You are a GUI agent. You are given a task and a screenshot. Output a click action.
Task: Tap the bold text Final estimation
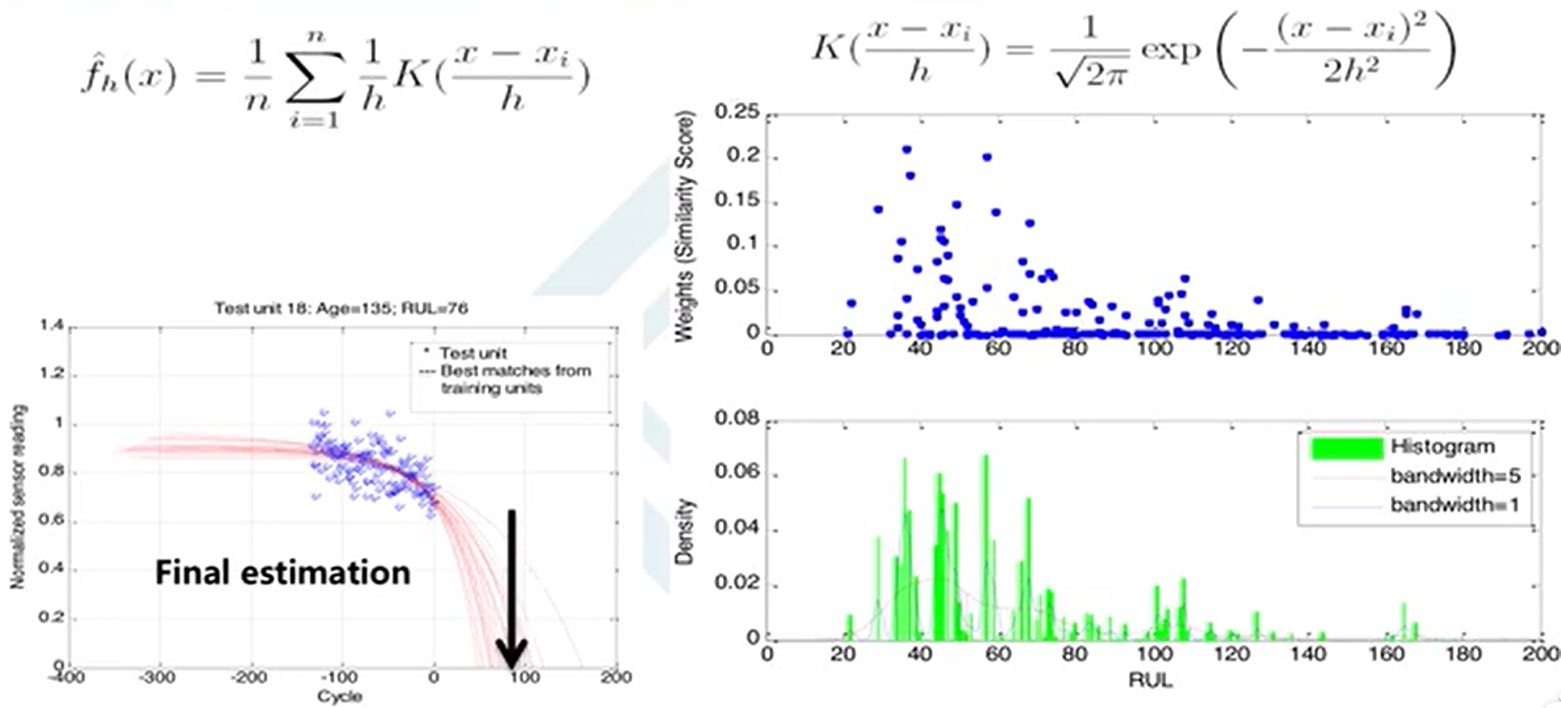click(283, 572)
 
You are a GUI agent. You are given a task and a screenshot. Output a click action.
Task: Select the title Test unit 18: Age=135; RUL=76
click(341, 308)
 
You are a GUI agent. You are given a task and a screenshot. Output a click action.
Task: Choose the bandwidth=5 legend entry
click(1454, 475)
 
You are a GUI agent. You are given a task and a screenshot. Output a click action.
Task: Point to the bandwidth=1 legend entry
click(1454, 504)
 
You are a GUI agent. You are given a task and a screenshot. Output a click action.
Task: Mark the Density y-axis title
click(685, 532)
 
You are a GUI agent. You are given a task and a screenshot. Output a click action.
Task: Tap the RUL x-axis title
click(1149, 680)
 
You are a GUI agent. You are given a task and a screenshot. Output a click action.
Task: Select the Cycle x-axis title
click(340, 697)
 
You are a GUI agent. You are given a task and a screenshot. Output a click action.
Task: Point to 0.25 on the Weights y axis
click(737, 113)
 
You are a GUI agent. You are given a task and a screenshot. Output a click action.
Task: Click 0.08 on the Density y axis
click(737, 419)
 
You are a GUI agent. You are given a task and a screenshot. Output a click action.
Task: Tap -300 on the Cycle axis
click(158, 678)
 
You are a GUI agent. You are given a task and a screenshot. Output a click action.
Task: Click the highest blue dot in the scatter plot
click(907, 149)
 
